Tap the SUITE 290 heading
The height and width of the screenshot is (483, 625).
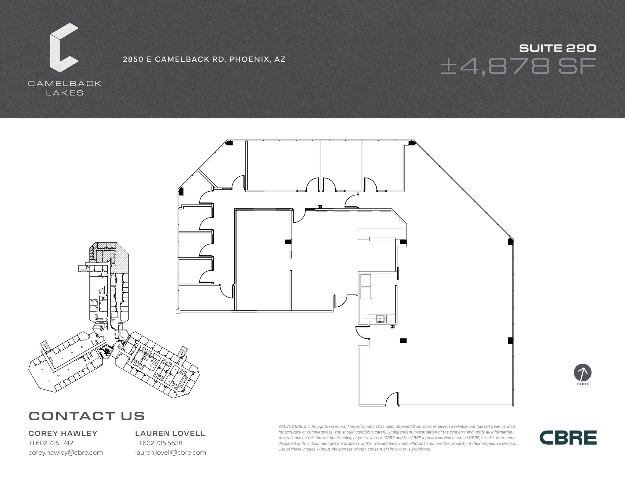(x=558, y=48)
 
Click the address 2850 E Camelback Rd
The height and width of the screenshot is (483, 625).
(x=204, y=59)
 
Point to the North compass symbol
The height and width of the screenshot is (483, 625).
(x=583, y=373)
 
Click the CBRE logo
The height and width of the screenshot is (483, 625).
(x=568, y=438)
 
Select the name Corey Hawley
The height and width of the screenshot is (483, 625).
(x=63, y=433)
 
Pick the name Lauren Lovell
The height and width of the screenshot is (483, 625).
(x=170, y=433)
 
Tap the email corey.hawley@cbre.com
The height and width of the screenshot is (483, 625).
(x=66, y=452)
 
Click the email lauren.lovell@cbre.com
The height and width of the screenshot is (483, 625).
(x=171, y=452)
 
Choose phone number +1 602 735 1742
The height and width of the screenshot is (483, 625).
(x=51, y=443)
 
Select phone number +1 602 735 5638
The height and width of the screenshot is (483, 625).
(x=159, y=443)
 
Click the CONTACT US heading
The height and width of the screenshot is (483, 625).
(x=87, y=416)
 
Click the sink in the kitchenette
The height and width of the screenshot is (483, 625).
(x=380, y=319)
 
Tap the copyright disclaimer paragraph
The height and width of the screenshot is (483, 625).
(x=397, y=438)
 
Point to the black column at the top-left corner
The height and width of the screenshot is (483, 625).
(x=229, y=143)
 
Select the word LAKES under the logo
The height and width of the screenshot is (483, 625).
(x=65, y=93)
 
